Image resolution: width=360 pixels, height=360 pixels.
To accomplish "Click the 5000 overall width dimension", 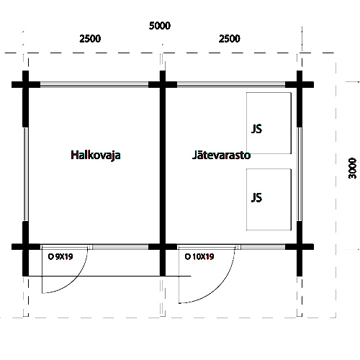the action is point(160,26).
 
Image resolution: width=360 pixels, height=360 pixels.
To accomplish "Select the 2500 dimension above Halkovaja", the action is point(90,39).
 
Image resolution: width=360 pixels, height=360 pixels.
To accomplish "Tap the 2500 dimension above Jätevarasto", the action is point(230,39).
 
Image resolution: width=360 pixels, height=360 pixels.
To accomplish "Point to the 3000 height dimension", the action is point(352,168).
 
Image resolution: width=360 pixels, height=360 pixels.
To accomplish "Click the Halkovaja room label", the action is point(96,156).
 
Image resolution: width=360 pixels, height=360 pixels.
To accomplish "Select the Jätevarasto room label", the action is point(221,155).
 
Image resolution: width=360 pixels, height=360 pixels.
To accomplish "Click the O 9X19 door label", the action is point(60,257).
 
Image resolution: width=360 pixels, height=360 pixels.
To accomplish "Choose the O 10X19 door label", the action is point(199,257).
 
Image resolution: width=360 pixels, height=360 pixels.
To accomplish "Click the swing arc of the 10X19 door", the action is point(220,287).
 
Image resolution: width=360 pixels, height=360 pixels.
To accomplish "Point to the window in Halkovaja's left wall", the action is point(25,174).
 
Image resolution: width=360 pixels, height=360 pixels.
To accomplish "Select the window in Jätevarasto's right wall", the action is point(300,174).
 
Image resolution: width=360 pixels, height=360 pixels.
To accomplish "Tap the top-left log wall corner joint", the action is point(25,84).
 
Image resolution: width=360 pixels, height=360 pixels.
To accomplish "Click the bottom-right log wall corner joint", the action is point(300,247).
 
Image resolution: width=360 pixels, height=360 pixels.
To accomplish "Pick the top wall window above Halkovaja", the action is point(94,84).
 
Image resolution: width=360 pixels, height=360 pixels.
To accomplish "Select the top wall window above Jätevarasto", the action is point(231,84).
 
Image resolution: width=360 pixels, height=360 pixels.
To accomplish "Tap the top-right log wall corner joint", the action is point(300,84).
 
